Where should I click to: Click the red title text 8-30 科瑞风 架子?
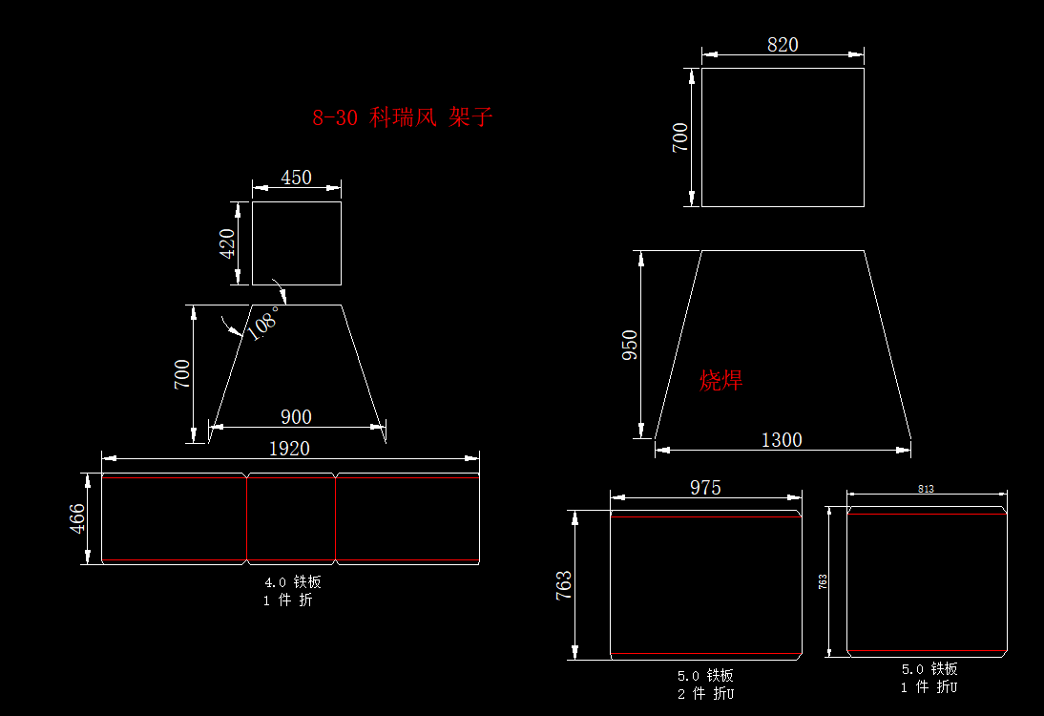[402, 117]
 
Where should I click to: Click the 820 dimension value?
[783, 45]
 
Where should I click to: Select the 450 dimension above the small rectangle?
[296, 178]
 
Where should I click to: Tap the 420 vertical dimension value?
[227, 243]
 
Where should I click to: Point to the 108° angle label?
[263, 323]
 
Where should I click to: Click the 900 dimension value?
[296, 417]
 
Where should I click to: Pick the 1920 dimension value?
[290, 449]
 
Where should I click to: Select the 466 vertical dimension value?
[77, 518]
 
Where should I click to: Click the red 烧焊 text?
[720, 380]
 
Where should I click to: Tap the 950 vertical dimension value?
[630, 345]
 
